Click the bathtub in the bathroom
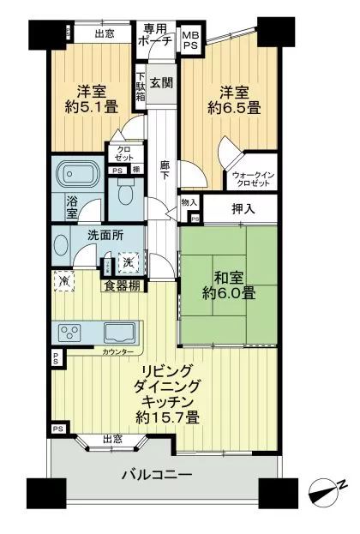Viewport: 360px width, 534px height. pyautogui.click(x=78, y=175)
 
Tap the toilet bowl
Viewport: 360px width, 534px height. pyautogui.click(x=125, y=192)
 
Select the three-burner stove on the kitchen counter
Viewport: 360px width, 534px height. pyautogui.click(x=69, y=333)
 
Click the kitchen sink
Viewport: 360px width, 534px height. pyautogui.click(x=119, y=333)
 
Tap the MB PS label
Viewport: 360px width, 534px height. pyautogui.click(x=190, y=40)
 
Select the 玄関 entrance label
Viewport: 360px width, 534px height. pyautogui.click(x=161, y=83)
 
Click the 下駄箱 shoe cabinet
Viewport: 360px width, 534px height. pyautogui.click(x=141, y=87)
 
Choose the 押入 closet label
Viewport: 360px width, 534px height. pyautogui.click(x=243, y=209)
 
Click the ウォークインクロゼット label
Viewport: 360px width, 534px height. pyautogui.click(x=253, y=179)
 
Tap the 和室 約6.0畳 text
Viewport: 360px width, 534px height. pyautogui.click(x=229, y=285)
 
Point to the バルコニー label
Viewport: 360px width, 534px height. pyautogui.click(x=157, y=474)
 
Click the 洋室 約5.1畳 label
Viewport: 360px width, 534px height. pyautogui.click(x=91, y=99)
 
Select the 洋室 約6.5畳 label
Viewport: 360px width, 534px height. pyautogui.click(x=234, y=100)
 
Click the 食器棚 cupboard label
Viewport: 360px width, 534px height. pyautogui.click(x=122, y=285)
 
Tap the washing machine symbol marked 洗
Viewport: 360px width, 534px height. pyautogui.click(x=129, y=262)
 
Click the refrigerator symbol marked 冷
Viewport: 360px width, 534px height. pyautogui.click(x=64, y=280)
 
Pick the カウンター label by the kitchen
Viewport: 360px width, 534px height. pyautogui.click(x=117, y=352)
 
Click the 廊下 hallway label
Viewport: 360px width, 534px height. pyautogui.click(x=165, y=171)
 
